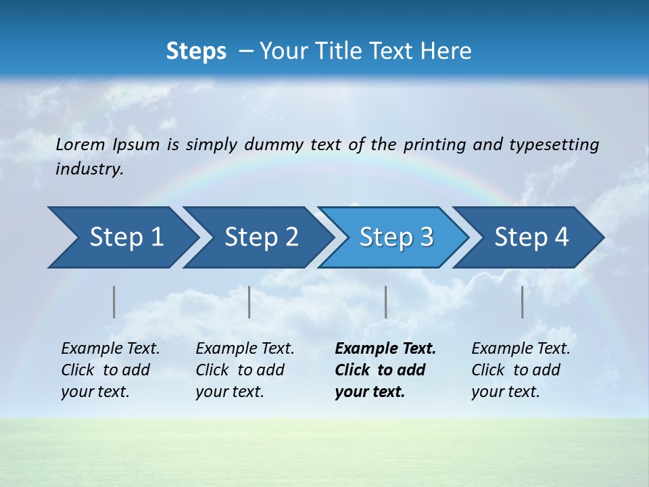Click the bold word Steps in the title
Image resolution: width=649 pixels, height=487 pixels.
click(196, 51)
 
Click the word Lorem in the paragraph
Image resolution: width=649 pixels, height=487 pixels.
click(80, 144)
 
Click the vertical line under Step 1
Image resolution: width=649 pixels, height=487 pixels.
click(114, 302)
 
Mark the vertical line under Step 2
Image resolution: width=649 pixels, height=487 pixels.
click(249, 302)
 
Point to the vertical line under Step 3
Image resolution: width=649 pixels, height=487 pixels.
click(385, 302)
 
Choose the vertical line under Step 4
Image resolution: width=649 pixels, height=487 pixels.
click(522, 302)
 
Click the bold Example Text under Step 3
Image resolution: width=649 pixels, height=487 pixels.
click(385, 348)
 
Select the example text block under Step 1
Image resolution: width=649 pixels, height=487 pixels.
click(110, 370)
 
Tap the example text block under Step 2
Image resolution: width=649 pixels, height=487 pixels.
click(245, 370)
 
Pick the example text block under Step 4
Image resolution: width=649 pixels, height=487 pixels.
click(521, 370)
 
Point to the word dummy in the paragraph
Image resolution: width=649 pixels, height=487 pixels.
click(274, 144)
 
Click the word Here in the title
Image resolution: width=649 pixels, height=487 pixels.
click(446, 51)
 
